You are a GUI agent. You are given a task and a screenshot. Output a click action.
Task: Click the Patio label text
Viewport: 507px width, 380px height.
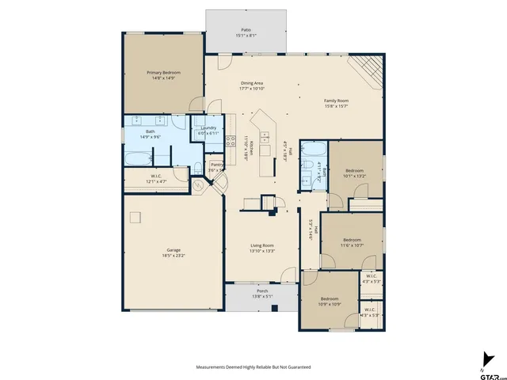(x=246, y=29)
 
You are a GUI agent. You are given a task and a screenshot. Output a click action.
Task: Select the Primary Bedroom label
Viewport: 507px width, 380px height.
(x=159, y=72)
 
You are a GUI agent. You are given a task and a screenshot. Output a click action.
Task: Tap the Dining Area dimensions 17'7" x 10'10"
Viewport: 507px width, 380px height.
(x=252, y=89)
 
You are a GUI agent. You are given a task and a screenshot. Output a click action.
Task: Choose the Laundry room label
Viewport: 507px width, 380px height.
(x=208, y=127)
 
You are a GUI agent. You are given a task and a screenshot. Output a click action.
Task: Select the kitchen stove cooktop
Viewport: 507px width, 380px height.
(x=230, y=142)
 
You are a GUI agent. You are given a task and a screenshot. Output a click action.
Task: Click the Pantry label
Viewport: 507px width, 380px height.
(x=215, y=165)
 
